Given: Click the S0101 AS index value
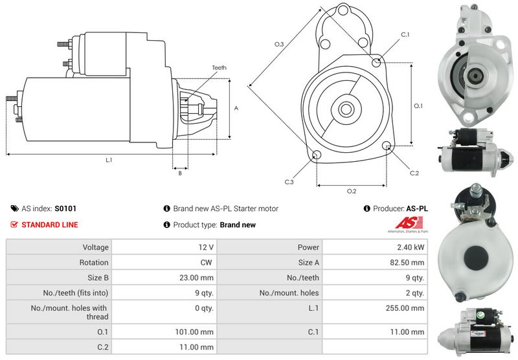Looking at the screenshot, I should (65, 208).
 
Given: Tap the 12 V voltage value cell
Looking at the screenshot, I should (207, 247).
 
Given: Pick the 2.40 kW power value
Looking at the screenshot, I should (411, 247).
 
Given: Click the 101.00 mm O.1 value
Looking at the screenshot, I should (197, 332).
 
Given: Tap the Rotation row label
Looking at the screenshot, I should (95, 262).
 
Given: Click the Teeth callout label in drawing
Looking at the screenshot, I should (219, 68).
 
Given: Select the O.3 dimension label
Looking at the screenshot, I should (279, 44).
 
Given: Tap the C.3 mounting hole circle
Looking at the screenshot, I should (317, 155).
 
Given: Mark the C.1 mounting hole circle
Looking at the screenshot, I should (377, 62).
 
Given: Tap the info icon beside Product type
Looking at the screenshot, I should (166, 225).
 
